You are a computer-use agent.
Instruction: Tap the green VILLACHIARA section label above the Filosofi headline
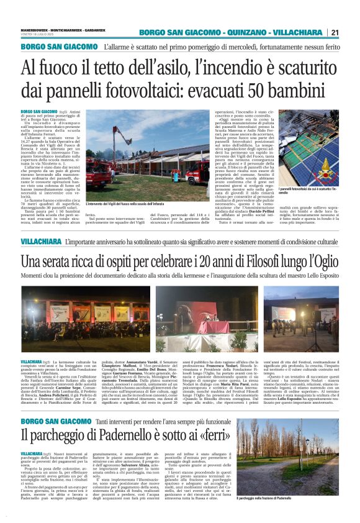[40, 240]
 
